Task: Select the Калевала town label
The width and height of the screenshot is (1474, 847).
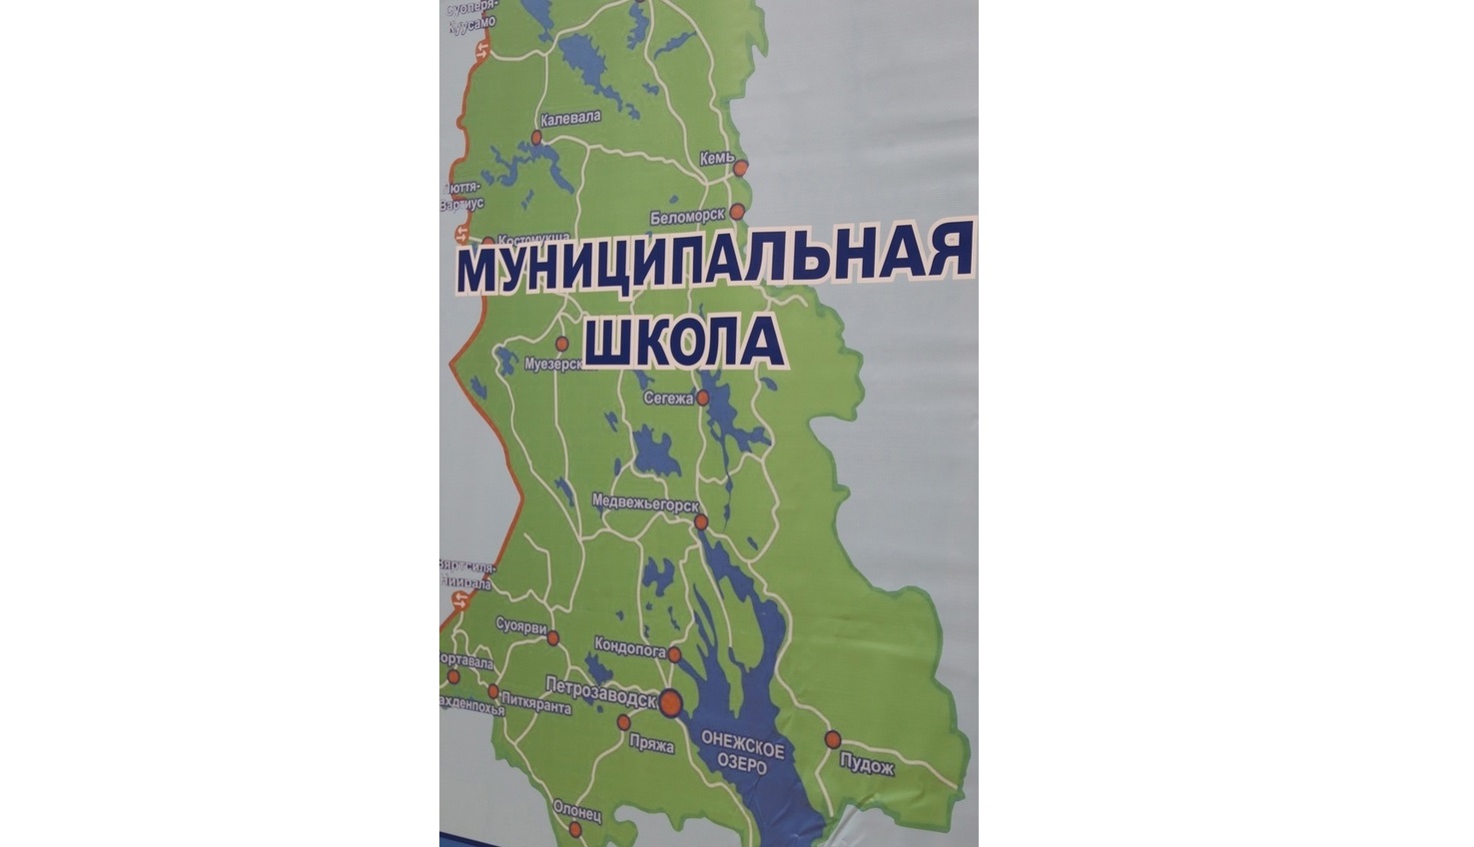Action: tap(570, 117)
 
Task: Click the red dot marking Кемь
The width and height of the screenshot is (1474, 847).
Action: tap(740, 168)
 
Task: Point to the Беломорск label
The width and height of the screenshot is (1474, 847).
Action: tap(686, 217)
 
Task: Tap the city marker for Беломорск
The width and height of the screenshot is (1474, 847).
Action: tap(737, 211)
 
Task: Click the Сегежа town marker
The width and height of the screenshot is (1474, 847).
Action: tap(703, 398)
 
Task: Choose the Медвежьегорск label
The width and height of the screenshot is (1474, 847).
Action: tap(644, 500)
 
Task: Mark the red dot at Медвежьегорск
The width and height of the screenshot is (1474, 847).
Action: tap(701, 521)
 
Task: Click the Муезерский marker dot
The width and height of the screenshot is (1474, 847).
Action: tap(561, 344)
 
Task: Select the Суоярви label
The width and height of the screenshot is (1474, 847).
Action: tap(521, 625)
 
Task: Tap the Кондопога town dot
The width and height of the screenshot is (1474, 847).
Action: tap(675, 655)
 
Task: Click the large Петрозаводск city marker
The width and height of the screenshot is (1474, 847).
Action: tap(669, 701)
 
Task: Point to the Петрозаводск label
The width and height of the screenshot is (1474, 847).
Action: tap(601, 685)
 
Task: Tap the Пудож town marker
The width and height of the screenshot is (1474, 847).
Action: tap(832, 739)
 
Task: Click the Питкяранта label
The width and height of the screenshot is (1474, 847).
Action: tap(538, 708)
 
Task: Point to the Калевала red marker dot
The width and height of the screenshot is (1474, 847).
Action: tap(536, 137)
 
